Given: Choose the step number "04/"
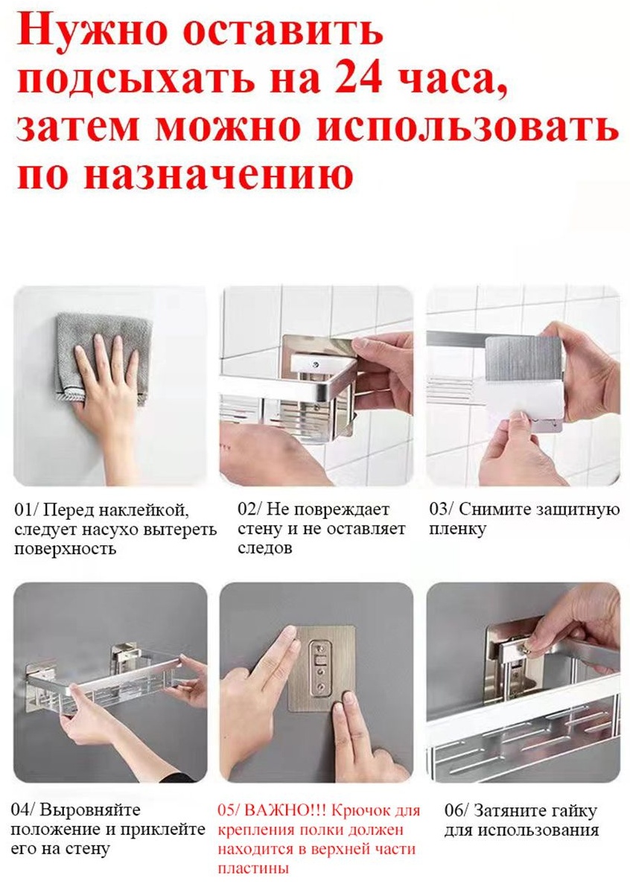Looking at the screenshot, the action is pyautogui.click(x=22, y=810).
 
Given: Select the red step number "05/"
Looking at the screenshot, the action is pyautogui.click(x=229, y=810).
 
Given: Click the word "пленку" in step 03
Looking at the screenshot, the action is pyautogui.click(x=457, y=530).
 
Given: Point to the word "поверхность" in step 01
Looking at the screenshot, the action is pyautogui.click(x=65, y=549).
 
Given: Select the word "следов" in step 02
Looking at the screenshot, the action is pyautogui.click(x=265, y=548).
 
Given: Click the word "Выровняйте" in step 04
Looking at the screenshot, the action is pyautogui.click(x=90, y=811).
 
